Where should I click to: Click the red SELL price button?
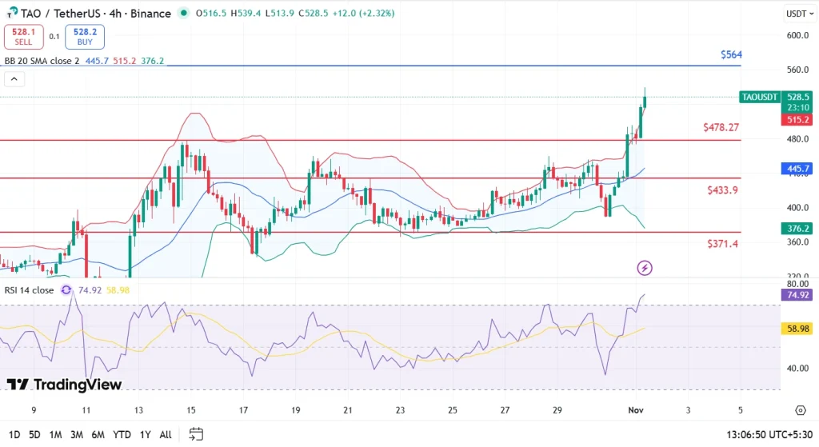click(22, 36)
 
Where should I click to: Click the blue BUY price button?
click(86, 36)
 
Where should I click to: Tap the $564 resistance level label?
click(731, 54)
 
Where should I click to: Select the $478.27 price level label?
click(721, 127)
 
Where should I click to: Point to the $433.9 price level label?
click(722, 190)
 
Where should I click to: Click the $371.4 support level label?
click(722, 243)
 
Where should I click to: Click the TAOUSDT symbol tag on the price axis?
click(759, 97)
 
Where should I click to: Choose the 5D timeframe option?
click(34, 434)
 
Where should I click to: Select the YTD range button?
click(122, 434)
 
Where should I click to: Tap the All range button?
click(166, 434)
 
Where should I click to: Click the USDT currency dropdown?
click(797, 14)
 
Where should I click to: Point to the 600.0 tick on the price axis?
click(797, 35)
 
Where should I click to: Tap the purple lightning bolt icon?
click(645, 268)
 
